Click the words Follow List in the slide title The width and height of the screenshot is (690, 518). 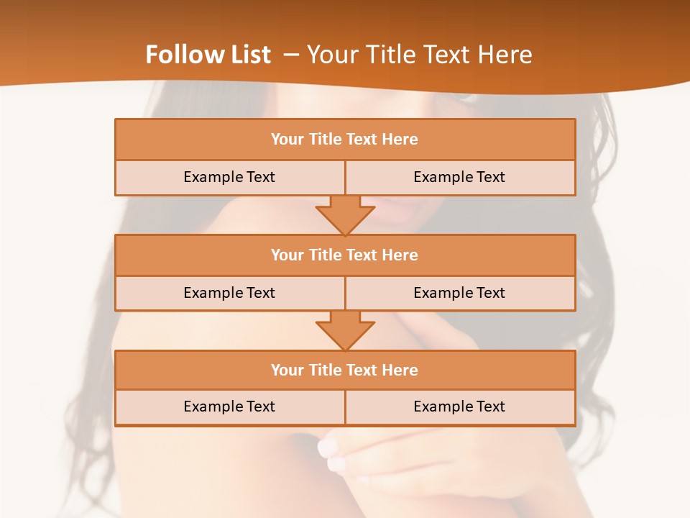click(x=208, y=55)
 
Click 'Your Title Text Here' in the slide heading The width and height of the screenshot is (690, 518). click(x=419, y=55)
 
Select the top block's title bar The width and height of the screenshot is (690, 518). click(x=345, y=140)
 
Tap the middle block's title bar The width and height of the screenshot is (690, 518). click(x=345, y=255)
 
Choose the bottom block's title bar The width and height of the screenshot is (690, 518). click(x=345, y=370)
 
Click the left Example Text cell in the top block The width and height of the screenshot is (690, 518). click(x=229, y=177)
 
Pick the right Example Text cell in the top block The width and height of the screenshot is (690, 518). click(x=459, y=177)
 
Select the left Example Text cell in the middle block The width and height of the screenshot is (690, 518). click(x=229, y=293)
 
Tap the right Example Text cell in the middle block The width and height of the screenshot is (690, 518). click(x=459, y=293)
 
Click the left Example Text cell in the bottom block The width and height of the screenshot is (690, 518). click(x=229, y=406)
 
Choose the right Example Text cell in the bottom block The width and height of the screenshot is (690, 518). click(x=459, y=406)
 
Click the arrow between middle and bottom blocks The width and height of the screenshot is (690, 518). click(x=345, y=330)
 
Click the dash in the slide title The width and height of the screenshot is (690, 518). click(x=291, y=55)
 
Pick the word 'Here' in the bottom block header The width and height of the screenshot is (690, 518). click(x=400, y=370)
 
